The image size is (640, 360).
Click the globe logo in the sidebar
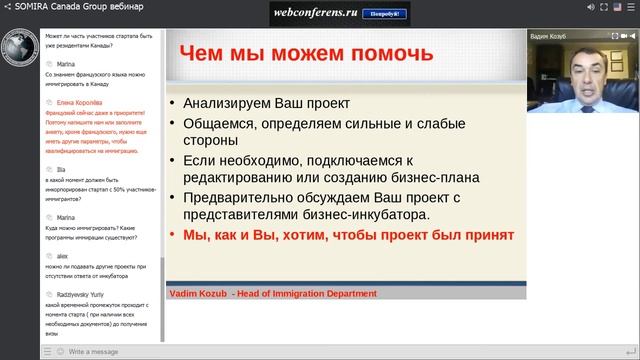coord(19,51)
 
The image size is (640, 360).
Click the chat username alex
coord(62,256)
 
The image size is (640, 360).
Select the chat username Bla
coord(61,170)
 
